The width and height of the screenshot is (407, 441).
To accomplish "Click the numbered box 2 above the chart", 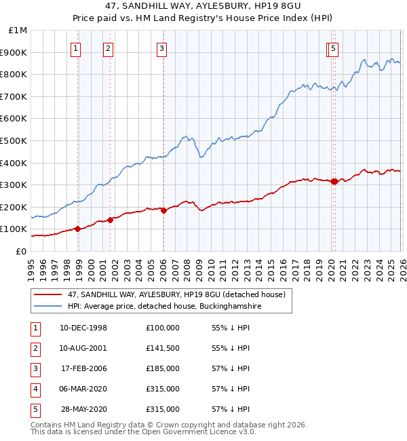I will [x=108, y=48].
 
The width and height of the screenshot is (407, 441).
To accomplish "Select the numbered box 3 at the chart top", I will [x=163, y=48].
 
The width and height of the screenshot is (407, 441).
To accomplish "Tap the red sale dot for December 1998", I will [x=78, y=229].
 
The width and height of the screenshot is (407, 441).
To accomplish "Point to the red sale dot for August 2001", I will [x=110, y=220].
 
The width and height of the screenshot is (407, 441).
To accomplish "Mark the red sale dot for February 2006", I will [x=163, y=210].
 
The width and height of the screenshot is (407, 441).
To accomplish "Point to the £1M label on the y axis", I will [x=16, y=30].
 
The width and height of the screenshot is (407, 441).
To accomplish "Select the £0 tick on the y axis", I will [x=20, y=251].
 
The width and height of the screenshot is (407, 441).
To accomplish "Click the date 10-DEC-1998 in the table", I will [x=83, y=328].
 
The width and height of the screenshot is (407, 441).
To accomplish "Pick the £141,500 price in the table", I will [x=163, y=348].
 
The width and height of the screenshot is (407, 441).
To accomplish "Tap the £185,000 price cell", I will [x=163, y=368].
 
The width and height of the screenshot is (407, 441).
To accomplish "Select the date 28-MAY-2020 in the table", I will [x=83, y=409].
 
